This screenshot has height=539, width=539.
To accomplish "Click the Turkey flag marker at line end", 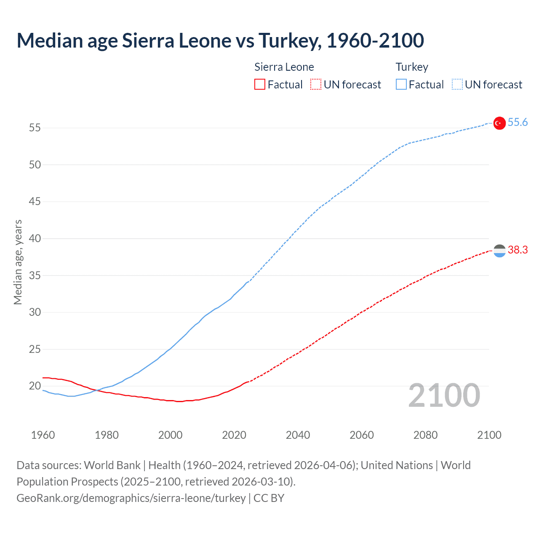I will coord(499,123).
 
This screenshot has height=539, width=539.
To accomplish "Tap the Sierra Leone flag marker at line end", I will coord(499,251).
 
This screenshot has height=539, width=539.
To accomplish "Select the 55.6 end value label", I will coord(518,123).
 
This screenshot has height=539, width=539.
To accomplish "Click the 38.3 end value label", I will coord(518,250).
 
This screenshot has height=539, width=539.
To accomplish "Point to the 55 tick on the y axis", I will coord(35,128).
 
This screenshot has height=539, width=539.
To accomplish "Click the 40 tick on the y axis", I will coord(35,238).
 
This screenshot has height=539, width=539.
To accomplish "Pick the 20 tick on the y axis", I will coord(35,386).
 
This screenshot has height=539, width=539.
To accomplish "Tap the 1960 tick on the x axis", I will coord(43,435).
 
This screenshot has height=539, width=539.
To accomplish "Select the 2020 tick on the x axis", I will coord(234,435).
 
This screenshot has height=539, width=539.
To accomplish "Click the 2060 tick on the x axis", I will coord(362,435).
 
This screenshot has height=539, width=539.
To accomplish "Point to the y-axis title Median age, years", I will coord(18,262).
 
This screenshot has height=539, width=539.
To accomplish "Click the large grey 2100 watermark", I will coord(444,395).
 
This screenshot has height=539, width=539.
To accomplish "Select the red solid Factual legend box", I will coord(260,85).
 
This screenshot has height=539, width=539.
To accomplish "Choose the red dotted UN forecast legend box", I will coord(316,85).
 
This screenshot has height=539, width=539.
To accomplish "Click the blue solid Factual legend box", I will coord(401,85).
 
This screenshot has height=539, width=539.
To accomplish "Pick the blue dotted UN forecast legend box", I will coord(457,85).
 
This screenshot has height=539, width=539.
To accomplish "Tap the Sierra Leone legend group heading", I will coord(284,67).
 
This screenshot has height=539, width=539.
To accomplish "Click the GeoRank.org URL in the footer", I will coord(131,498).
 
